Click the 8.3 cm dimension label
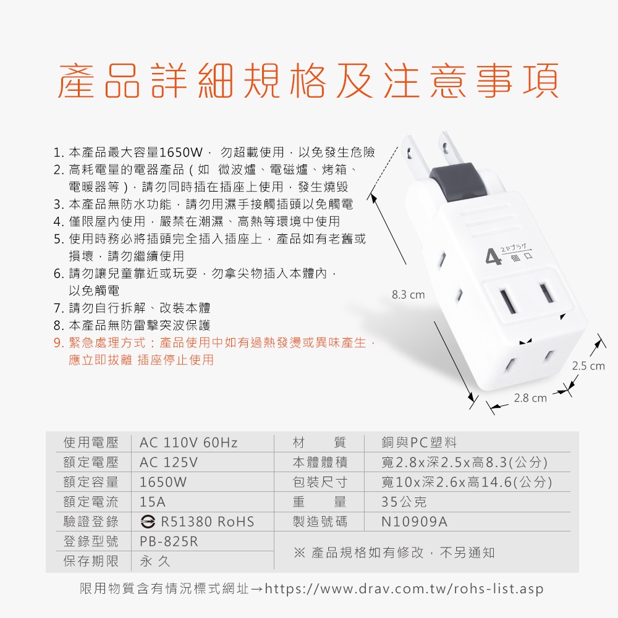408,295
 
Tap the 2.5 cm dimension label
588,366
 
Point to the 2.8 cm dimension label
530,398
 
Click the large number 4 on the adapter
493,257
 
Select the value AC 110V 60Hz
188,442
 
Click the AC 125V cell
169,462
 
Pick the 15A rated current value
153,502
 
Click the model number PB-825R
169,541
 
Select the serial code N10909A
414,522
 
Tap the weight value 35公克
404,502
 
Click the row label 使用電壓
91,442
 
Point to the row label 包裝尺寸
320,482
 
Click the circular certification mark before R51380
148,522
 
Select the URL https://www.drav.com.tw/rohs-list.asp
404,588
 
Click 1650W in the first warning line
181,152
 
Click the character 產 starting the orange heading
76,80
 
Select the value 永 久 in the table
155,561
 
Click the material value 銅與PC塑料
419,442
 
